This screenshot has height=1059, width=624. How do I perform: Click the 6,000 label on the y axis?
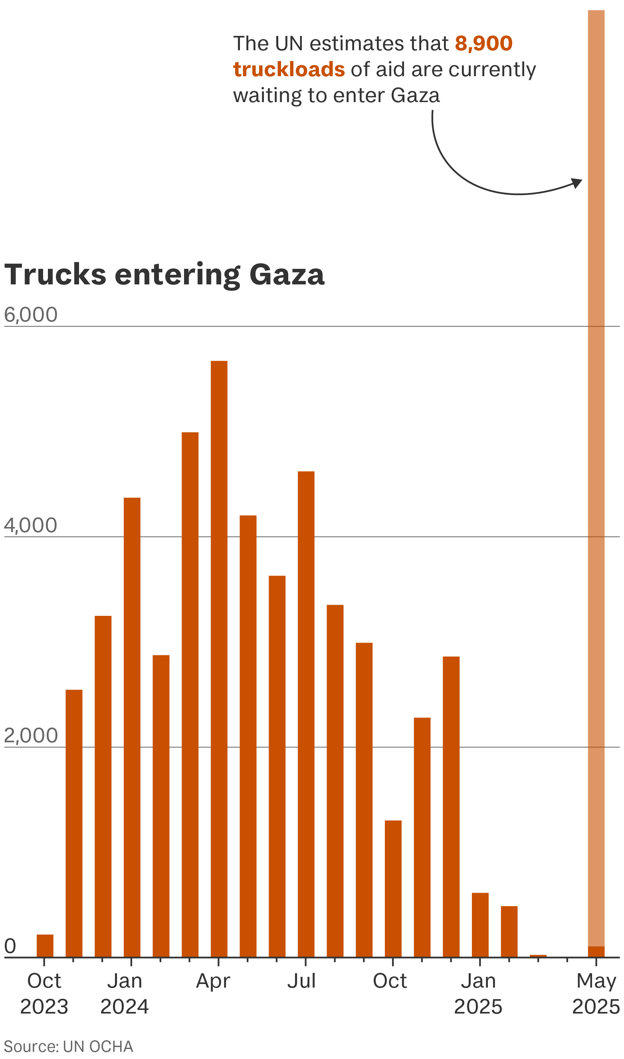tap(31, 315)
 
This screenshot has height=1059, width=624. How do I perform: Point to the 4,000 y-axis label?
tap(31, 526)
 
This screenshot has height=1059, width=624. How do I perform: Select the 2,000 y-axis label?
tap(31, 736)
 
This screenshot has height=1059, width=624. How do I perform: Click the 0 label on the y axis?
tap(10, 947)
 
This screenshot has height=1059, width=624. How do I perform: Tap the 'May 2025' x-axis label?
tap(596, 994)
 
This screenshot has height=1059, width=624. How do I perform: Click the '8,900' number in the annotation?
tap(483, 43)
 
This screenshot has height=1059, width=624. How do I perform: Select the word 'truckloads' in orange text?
tap(289, 69)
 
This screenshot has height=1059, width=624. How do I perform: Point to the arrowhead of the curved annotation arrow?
tap(578, 183)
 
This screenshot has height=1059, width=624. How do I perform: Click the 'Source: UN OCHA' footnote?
tap(69, 1046)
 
